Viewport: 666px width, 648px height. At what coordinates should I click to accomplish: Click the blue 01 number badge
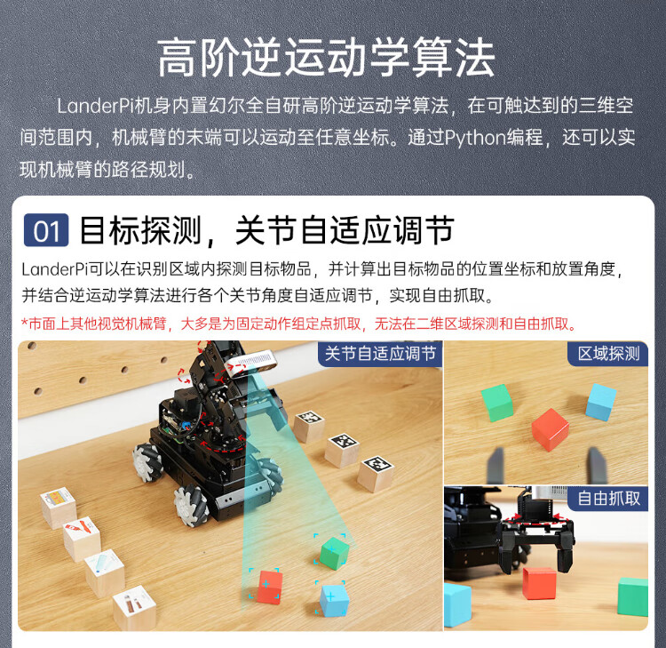46,230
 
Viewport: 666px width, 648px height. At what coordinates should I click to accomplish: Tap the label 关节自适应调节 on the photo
380,354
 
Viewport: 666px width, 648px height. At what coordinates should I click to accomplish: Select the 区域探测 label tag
608,354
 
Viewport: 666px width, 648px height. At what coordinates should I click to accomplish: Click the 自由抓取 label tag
608,498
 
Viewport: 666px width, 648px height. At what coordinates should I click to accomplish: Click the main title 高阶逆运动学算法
326,58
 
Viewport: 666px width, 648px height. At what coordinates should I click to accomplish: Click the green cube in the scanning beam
334,553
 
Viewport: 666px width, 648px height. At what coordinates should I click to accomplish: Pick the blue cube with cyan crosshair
334,600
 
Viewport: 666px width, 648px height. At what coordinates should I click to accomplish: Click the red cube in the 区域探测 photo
550,429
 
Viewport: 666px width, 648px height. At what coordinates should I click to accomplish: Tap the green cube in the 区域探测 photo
497,403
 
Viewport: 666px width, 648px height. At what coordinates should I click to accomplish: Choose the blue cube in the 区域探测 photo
600,402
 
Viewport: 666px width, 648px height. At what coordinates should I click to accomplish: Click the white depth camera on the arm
250,364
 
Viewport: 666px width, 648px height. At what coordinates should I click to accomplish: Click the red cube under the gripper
539,583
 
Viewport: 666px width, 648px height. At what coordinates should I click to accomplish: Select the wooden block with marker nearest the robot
309,426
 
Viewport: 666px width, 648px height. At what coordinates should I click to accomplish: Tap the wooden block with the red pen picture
82,540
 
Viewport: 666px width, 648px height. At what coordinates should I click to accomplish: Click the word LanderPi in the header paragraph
96,106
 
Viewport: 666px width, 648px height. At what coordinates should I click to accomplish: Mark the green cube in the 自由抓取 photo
633,596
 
